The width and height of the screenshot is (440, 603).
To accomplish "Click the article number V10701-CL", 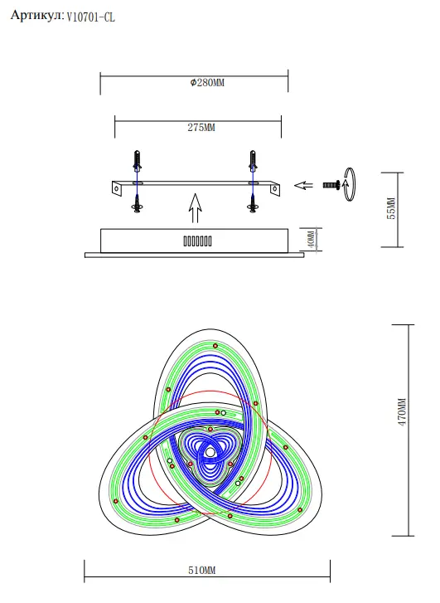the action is point(90,17).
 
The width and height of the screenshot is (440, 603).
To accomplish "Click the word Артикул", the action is point(37,16).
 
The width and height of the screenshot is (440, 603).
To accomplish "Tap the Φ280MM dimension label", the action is point(207,83).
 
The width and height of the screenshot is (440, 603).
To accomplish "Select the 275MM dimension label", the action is point(201,127).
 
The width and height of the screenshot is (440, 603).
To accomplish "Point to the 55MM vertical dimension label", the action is point(391,208).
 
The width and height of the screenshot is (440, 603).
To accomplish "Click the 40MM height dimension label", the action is point(312,239).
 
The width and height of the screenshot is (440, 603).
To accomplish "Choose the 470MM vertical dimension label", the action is point(402,412).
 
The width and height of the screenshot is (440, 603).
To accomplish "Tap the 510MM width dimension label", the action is point(201,570).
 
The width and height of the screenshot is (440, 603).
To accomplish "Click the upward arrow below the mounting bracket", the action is point(196,208).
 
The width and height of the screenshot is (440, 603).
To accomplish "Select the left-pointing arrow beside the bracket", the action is point(303,185).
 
